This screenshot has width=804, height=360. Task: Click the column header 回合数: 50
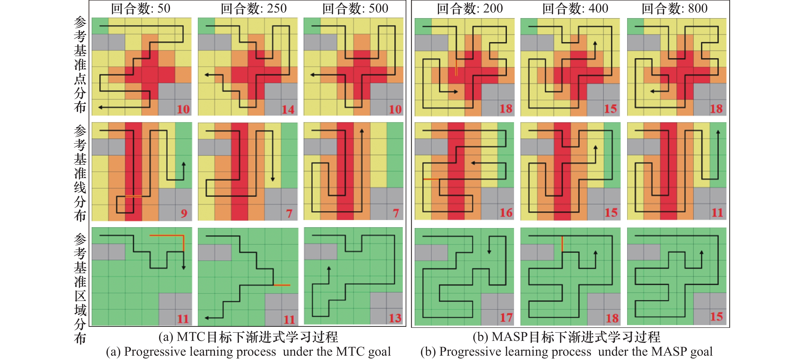pyautogui.click(x=140, y=8)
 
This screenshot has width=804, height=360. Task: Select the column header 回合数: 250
pyautogui.click(x=253, y=8)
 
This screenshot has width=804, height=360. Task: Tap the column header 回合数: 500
pyautogui.click(x=355, y=8)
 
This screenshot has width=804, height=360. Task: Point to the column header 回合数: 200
pyautogui.click(x=470, y=8)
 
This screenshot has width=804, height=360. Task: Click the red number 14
pyautogui.click(x=288, y=109)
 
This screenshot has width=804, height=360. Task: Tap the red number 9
pyautogui.click(x=184, y=213)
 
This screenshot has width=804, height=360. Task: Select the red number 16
pyautogui.click(x=506, y=213)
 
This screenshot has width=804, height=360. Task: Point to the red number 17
pyautogui.click(x=506, y=318)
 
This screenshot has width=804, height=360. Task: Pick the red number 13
pyautogui.click(x=395, y=318)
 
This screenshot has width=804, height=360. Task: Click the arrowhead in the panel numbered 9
pyautogui.click(x=184, y=164)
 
